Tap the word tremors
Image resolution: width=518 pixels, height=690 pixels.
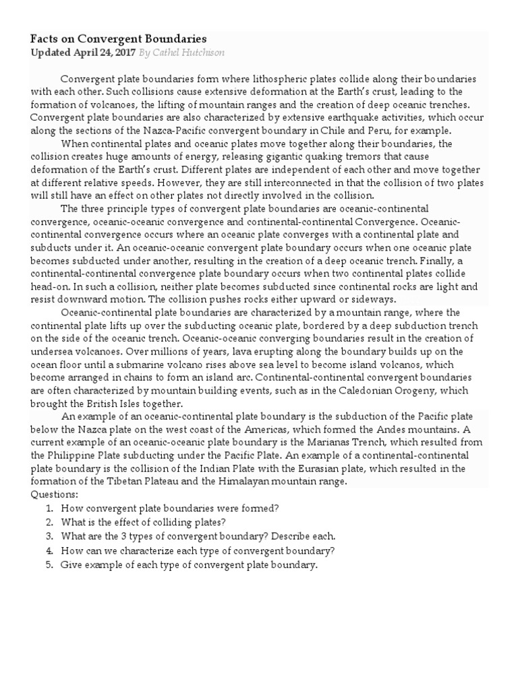point(364,157)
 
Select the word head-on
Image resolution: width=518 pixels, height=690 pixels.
point(49,286)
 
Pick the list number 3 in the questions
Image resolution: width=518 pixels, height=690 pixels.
point(49,536)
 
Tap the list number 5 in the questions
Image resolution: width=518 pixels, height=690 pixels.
point(49,565)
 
